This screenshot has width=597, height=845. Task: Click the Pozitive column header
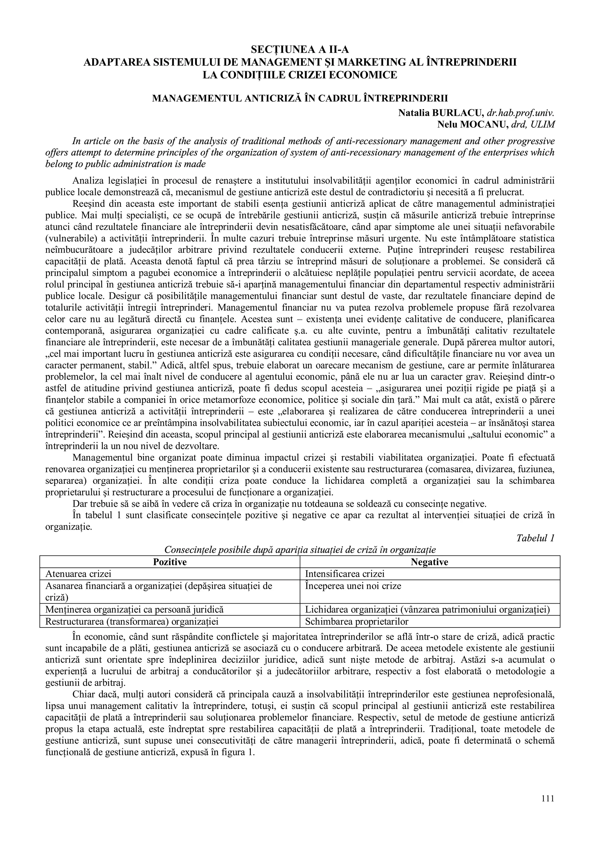point(170,562)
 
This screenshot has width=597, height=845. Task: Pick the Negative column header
point(429,562)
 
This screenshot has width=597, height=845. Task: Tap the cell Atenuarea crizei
point(78,574)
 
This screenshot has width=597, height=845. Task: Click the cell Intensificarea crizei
point(345,574)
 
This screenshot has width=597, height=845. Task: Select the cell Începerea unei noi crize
point(353,585)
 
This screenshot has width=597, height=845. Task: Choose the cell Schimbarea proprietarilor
point(357,622)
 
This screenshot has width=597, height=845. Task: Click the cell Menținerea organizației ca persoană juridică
point(134,609)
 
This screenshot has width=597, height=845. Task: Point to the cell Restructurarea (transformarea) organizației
point(132,622)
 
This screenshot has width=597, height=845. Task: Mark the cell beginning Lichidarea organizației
point(427,609)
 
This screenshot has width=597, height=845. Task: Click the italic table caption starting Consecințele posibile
point(300,550)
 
